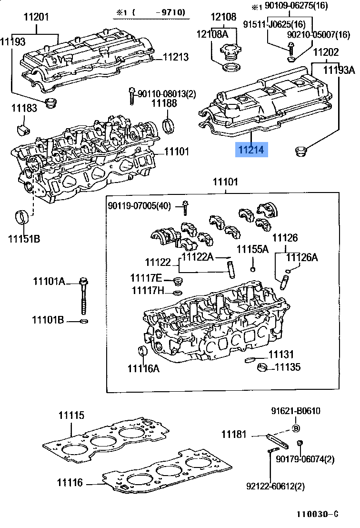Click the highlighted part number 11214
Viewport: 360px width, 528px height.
(x=251, y=150)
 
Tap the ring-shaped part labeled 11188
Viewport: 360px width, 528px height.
(x=168, y=125)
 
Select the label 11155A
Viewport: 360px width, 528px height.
(x=253, y=249)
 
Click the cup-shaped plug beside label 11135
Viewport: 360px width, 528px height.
(x=261, y=367)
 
